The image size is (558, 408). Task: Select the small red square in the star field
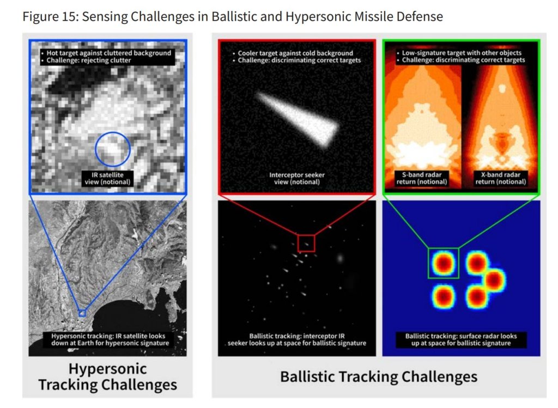306,235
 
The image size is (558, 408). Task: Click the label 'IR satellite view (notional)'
107,179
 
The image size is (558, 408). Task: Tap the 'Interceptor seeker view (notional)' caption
297,179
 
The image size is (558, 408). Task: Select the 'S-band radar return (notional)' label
422,179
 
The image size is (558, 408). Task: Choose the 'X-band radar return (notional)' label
501,179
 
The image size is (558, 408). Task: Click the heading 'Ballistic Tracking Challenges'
379,377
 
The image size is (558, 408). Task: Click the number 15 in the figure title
69,16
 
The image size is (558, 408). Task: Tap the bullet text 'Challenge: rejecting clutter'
89,60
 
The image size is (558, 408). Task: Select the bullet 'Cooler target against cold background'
295,53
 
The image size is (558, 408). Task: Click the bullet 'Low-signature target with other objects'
462,53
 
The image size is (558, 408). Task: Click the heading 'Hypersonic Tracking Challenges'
107,377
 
